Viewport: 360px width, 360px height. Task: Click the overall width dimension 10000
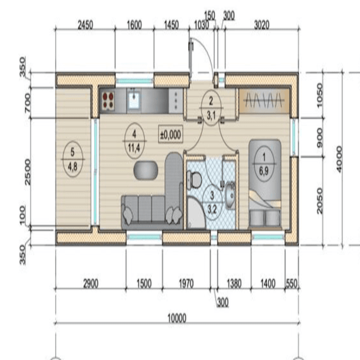[x=177, y=318]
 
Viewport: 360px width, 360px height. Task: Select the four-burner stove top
[x=108, y=100]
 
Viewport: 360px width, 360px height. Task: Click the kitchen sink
[x=134, y=100]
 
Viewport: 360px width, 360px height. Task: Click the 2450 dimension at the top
[x=85, y=25]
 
